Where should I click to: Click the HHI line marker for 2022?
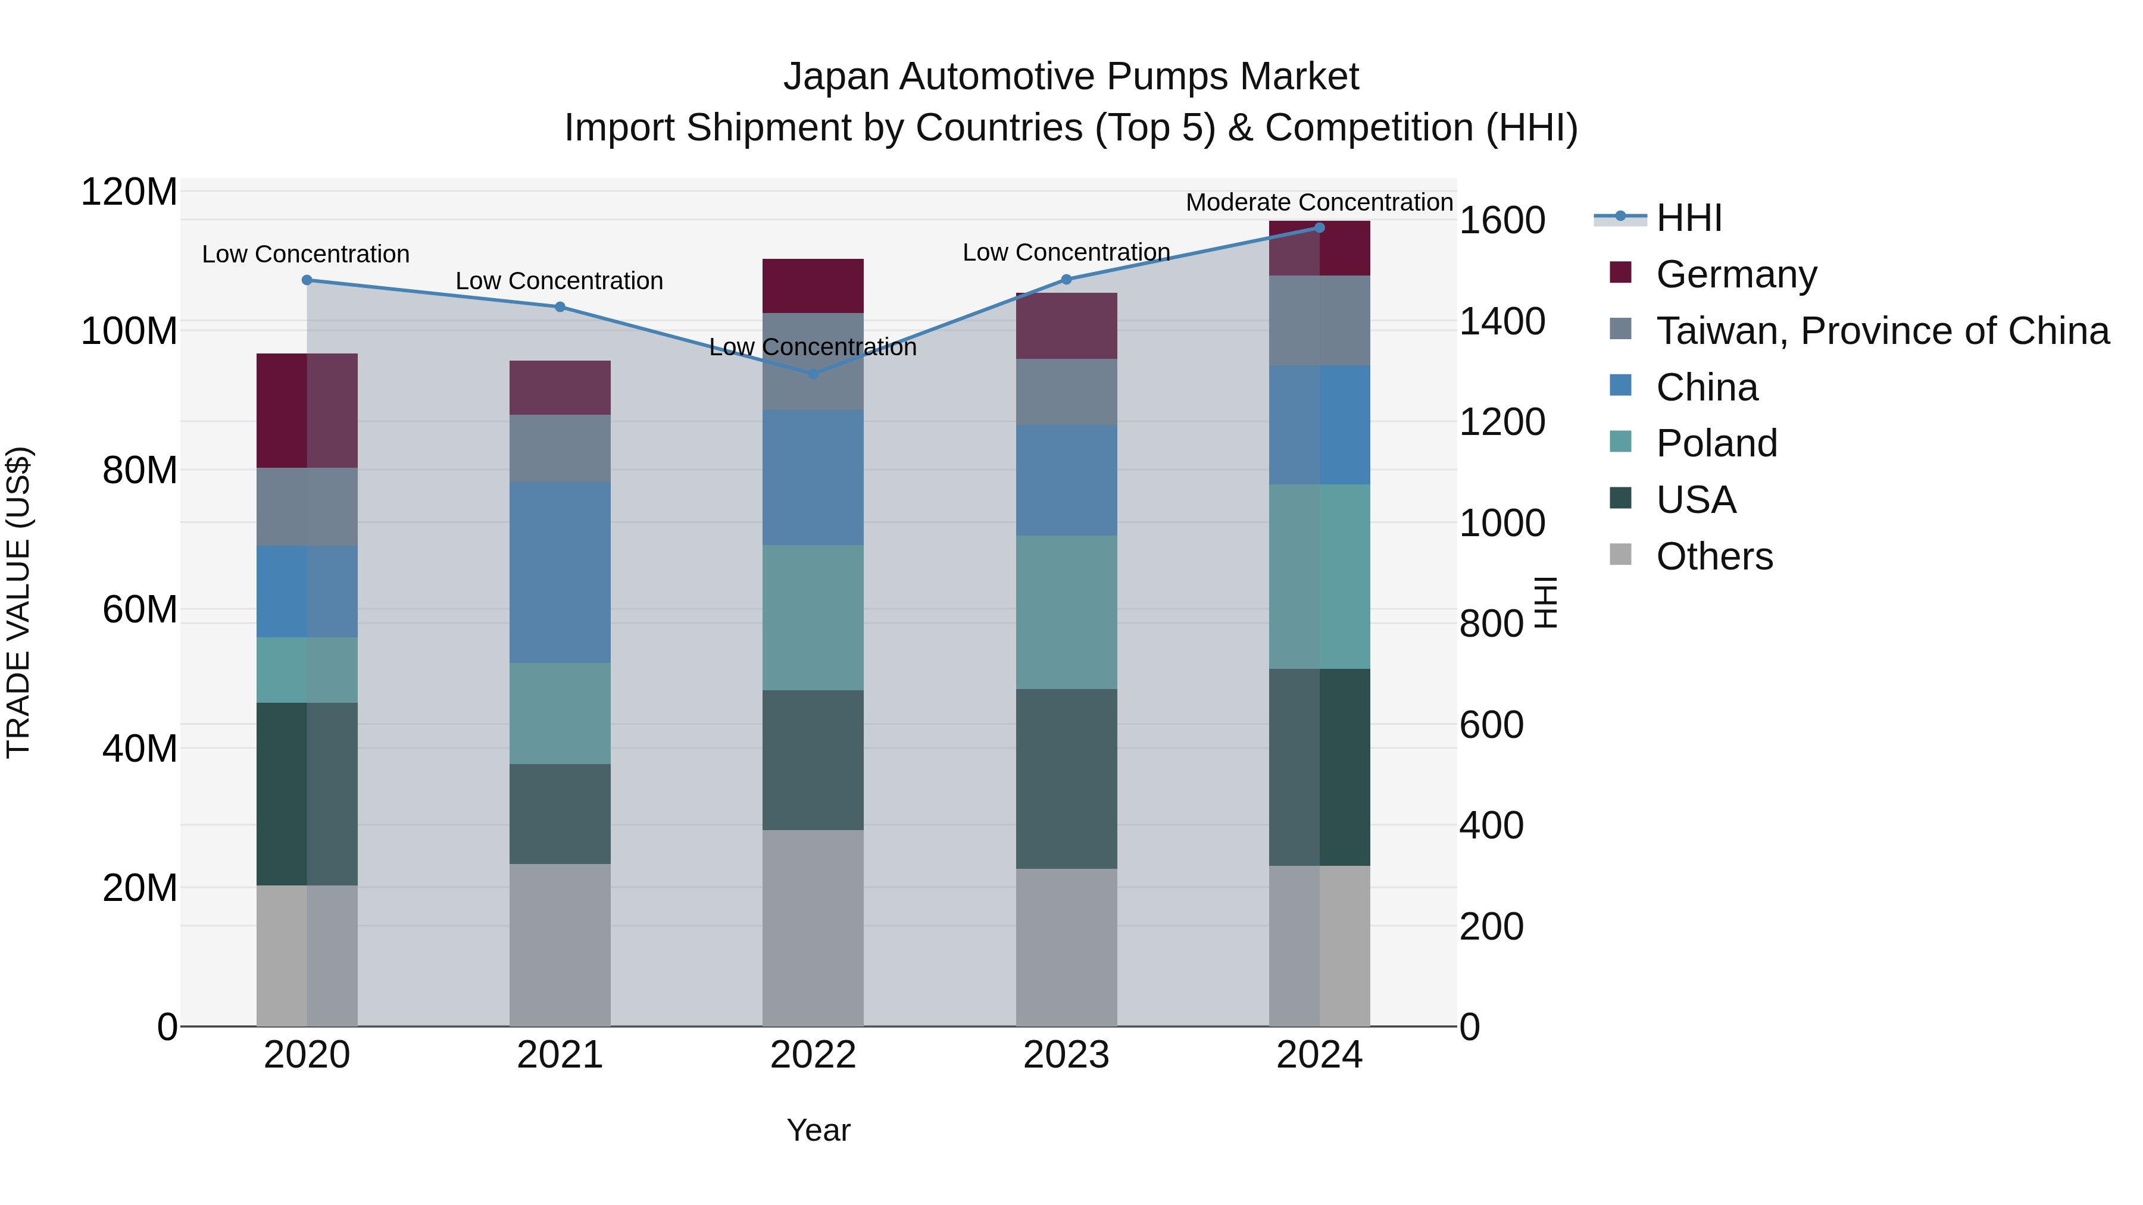[x=813, y=373]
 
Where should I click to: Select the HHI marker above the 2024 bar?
[x=1319, y=228]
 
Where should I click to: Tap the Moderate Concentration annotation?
[x=1319, y=202]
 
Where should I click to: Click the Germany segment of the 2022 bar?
[x=813, y=286]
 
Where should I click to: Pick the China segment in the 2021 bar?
[x=560, y=572]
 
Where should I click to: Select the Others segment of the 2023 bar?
[x=1066, y=947]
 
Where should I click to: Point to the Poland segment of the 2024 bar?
[x=1319, y=576]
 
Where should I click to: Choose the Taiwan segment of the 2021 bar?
[x=560, y=448]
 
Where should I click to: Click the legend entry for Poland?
[x=1716, y=443]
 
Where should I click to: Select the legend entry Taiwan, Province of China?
[x=1882, y=331]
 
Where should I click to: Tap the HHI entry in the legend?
[x=1688, y=218]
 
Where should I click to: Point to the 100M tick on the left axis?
[x=129, y=331]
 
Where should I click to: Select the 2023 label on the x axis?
[x=1066, y=1055]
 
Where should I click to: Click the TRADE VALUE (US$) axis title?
[x=18, y=602]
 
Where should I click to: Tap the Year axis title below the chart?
[x=818, y=1130]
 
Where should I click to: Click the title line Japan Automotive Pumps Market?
[x=1071, y=77]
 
